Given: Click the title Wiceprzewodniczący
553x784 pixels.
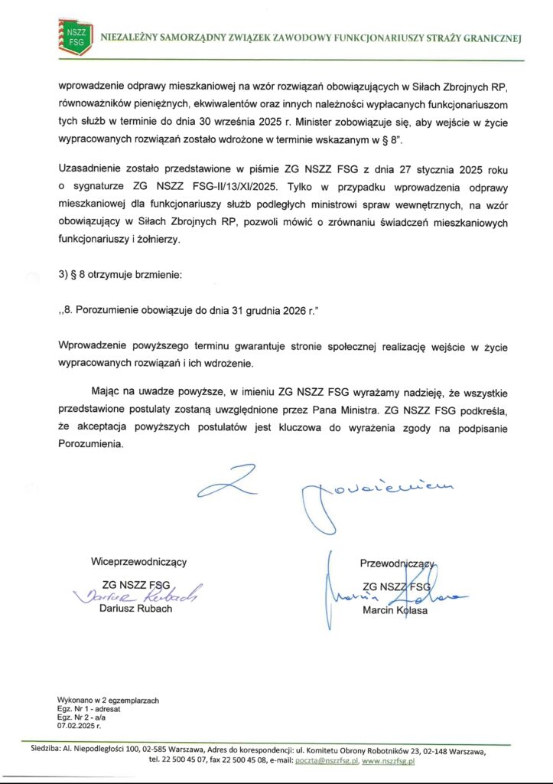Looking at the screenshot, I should [138, 561].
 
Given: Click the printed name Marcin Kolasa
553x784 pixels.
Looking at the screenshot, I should [396, 610].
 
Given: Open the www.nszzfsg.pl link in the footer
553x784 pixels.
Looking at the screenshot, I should [388, 761].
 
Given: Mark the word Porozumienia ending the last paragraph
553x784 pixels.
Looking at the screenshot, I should [89, 445].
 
